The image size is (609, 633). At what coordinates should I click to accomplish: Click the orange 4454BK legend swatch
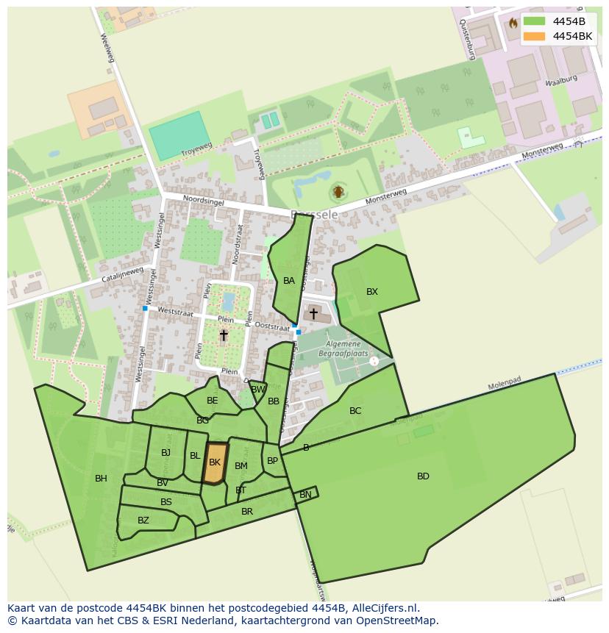pyautogui.click(x=535, y=36)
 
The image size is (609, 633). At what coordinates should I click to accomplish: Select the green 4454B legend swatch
pyautogui.click(x=535, y=21)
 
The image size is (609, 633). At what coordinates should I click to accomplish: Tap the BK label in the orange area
pyautogui.click(x=215, y=462)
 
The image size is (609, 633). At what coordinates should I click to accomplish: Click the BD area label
pyautogui.click(x=423, y=476)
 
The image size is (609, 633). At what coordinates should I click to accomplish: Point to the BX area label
pyautogui.click(x=372, y=292)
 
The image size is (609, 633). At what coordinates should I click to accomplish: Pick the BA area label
pyautogui.click(x=289, y=281)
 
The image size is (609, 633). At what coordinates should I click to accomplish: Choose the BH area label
pyautogui.click(x=101, y=479)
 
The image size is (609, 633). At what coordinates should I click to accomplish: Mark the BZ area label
pyautogui.click(x=143, y=521)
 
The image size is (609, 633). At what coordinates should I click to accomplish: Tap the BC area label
pyautogui.click(x=355, y=411)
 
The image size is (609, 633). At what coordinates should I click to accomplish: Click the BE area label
pyautogui.click(x=213, y=401)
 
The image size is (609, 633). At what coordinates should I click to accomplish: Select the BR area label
pyautogui.click(x=247, y=512)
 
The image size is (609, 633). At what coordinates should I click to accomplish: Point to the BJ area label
pyautogui.click(x=165, y=453)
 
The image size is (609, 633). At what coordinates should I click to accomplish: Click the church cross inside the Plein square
pyautogui.click(x=224, y=335)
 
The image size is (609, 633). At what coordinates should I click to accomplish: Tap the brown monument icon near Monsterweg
pyautogui.click(x=338, y=192)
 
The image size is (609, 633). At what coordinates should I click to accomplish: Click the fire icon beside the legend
pyautogui.click(x=513, y=23)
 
